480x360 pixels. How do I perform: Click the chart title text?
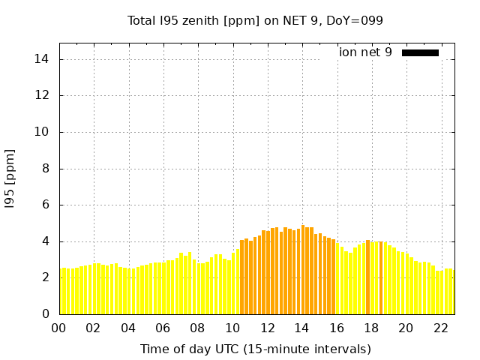[x=256, y=20]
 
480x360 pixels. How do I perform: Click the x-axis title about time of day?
[x=256, y=349]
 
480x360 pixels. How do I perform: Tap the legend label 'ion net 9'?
[x=365, y=52]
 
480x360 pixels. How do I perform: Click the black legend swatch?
[x=420, y=52]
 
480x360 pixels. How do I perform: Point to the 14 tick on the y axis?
[x=45, y=59]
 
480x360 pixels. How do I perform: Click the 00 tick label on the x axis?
[x=58, y=328]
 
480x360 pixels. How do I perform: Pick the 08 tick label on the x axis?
[x=197, y=328]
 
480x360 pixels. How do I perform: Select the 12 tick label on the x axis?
[x=267, y=328]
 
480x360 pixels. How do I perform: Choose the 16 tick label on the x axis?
[x=337, y=328]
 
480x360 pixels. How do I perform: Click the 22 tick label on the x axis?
[x=441, y=328]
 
